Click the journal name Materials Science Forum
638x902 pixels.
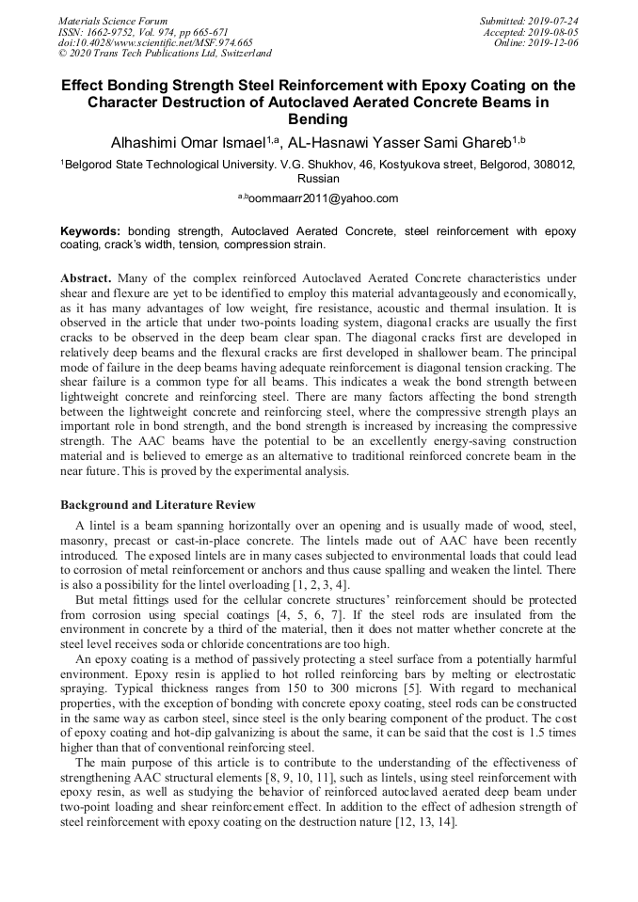[x=113, y=20]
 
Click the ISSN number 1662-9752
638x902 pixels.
[x=117, y=31]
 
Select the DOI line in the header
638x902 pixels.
[x=156, y=42]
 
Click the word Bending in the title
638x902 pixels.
[x=318, y=119]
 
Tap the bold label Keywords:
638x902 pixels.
[x=90, y=230]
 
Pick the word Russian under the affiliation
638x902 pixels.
[x=318, y=178]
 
